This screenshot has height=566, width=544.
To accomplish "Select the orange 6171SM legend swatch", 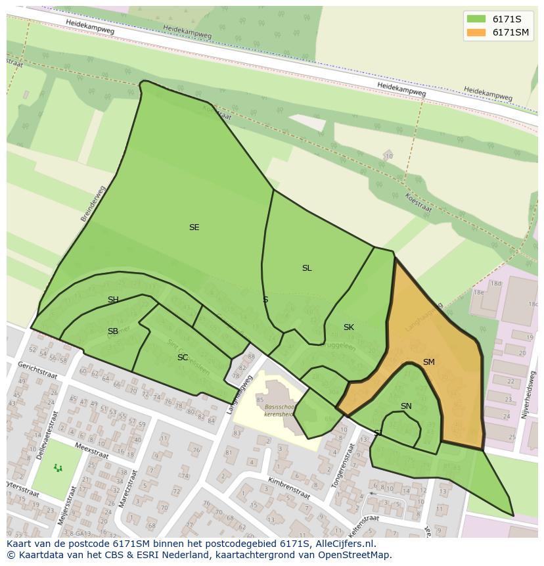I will point(476,33).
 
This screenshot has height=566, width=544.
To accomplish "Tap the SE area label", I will point(194,227).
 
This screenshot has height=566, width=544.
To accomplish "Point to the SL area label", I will point(307,268).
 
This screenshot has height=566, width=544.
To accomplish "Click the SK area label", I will point(349,327).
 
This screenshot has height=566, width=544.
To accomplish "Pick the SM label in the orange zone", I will point(428,362).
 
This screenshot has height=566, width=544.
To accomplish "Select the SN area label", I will point(406,406).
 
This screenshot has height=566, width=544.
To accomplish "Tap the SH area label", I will point(113,300).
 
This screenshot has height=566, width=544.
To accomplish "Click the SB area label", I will point(113,331).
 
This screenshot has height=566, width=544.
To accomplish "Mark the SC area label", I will point(183,358).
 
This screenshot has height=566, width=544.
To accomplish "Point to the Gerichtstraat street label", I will point(37,370).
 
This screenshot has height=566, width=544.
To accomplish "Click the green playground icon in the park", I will point(58,468).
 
